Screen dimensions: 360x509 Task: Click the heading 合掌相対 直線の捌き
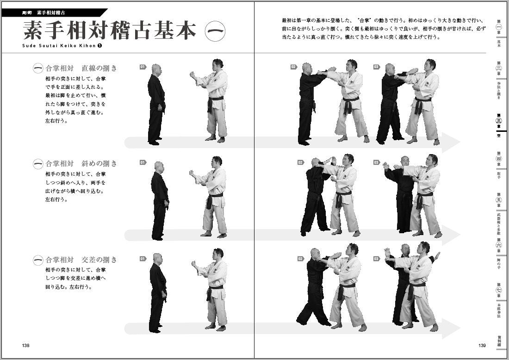(75, 68)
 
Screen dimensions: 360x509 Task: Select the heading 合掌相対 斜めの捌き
(75, 164)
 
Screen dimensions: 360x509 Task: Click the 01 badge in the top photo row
(143, 67)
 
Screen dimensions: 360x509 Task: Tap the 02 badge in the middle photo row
(300, 162)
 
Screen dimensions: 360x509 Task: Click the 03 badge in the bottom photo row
(376, 258)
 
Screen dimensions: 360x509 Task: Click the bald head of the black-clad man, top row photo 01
(156, 69)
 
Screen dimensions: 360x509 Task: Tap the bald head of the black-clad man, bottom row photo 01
(157, 258)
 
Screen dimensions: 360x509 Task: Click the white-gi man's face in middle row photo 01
(217, 162)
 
